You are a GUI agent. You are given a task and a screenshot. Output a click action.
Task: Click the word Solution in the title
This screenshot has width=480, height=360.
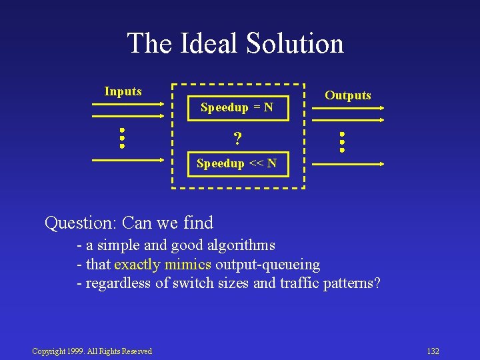(295, 44)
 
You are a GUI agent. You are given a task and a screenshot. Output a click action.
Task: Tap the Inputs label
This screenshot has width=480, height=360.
(123, 91)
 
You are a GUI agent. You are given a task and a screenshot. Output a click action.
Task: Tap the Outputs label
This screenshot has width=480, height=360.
(348, 95)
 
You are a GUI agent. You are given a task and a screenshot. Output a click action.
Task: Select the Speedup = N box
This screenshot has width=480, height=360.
(237, 107)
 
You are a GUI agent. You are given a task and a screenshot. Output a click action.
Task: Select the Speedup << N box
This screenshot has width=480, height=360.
(237, 163)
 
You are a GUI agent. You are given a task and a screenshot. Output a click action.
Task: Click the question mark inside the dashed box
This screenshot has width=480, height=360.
(237, 139)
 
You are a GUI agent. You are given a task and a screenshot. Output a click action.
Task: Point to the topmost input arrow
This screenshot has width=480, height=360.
(127, 103)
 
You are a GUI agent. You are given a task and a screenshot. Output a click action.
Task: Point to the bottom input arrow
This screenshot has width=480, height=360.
(127, 160)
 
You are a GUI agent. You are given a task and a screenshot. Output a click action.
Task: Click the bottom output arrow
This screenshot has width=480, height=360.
(348, 163)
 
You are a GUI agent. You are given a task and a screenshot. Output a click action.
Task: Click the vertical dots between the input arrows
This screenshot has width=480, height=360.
(122, 137)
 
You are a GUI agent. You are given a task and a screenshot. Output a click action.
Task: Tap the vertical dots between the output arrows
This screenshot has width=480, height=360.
(341, 142)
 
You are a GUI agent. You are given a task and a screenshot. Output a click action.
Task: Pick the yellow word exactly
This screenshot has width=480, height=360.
(137, 265)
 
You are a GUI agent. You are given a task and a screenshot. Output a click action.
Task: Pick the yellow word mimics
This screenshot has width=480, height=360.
(187, 265)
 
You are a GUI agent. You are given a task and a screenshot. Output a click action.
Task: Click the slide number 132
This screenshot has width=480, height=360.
(433, 351)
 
